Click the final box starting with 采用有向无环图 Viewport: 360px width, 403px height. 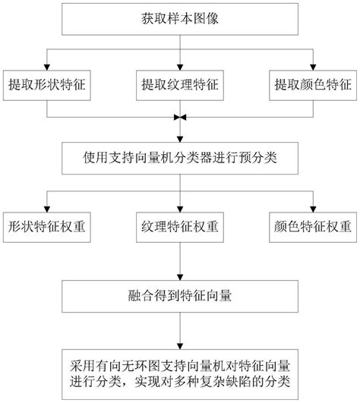coord(179,369)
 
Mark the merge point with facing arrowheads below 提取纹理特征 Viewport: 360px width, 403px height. coord(179,118)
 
